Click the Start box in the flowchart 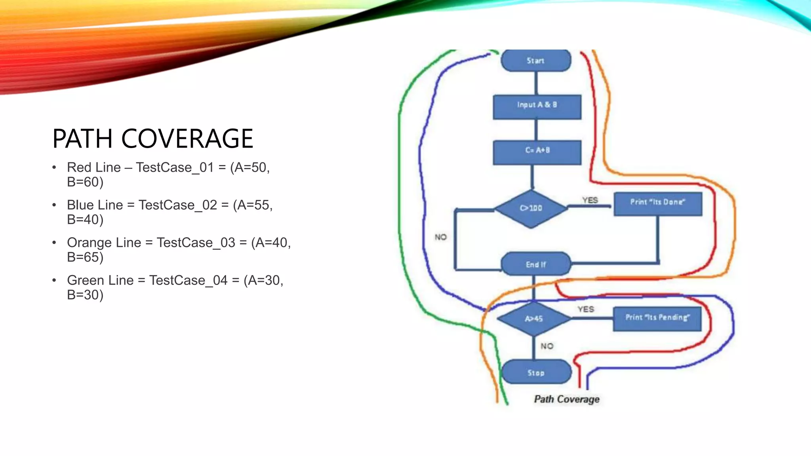pyautogui.click(x=536, y=61)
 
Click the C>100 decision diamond pyautogui.click(x=531, y=209)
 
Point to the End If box pyautogui.click(x=536, y=264)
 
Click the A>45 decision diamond pyautogui.click(x=533, y=319)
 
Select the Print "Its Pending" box pyautogui.click(x=657, y=318)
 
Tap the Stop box pyautogui.click(x=536, y=372)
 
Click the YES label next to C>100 pyautogui.click(x=590, y=200)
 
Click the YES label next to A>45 pyautogui.click(x=586, y=309)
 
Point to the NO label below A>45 pyautogui.click(x=547, y=346)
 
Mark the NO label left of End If pyautogui.click(x=441, y=237)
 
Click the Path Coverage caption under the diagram pyautogui.click(x=567, y=399)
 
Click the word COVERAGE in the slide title pyautogui.click(x=187, y=139)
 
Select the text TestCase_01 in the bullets pyautogui.click(x=175, y=167)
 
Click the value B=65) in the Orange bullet pyautogui.click(x=85, y=257)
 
